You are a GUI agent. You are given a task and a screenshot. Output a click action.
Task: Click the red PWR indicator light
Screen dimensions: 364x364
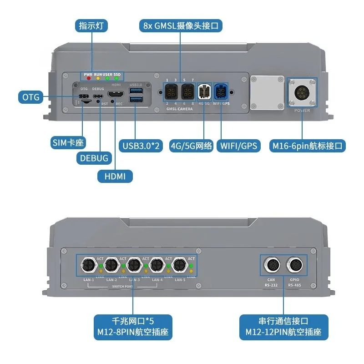tap(87, 79)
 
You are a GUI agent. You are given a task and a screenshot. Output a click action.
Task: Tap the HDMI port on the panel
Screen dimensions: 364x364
tap(115, 96)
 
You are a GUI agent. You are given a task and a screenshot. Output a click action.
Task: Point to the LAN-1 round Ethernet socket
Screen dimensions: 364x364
tap(87, 264)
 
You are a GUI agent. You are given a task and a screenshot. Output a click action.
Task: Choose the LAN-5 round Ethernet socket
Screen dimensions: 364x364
tap(179, 264)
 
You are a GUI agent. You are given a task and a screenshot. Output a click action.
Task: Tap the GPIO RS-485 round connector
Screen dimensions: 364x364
tap(293, 264)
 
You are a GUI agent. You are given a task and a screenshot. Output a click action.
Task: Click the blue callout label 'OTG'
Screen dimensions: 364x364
tap(30, 97)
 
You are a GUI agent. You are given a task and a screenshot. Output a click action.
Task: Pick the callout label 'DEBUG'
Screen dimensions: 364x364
tap(92, 158)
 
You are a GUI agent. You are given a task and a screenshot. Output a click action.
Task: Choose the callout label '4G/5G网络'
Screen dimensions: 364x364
tap(191, 146)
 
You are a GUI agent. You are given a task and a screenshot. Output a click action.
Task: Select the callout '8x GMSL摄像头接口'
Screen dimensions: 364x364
tap(180, 25)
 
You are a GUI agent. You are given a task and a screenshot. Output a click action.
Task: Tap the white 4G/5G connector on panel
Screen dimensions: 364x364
tap(204, 92)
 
